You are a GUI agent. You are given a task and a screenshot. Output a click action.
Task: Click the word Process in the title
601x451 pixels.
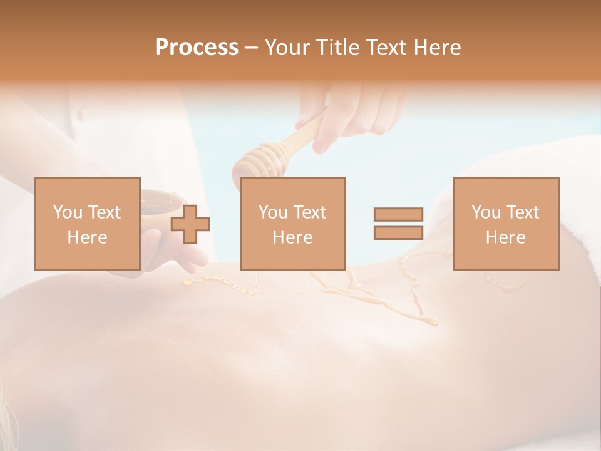pos(197,48)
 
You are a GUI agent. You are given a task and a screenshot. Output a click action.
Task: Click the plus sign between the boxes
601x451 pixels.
pos(190,224)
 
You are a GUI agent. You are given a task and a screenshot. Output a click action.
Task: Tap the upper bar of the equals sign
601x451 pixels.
pos(398,215)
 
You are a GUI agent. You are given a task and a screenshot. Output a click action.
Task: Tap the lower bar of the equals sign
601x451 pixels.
pos(398,232)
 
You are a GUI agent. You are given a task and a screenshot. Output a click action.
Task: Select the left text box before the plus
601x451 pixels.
pos(87,224)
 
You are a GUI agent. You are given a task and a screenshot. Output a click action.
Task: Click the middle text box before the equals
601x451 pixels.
pos(292,224)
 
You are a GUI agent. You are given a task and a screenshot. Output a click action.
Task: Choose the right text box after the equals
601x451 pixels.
pos(505,224)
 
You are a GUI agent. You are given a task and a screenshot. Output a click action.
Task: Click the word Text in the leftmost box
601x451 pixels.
pos(104,212)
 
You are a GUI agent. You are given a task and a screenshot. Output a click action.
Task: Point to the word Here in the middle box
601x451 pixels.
pos(292,237)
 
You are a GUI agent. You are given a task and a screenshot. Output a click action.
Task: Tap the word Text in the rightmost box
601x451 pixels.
pos(522,212)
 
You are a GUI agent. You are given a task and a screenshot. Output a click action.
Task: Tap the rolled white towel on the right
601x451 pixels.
pos(563,207)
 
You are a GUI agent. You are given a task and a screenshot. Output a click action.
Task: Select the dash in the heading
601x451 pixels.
pos(252,48)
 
